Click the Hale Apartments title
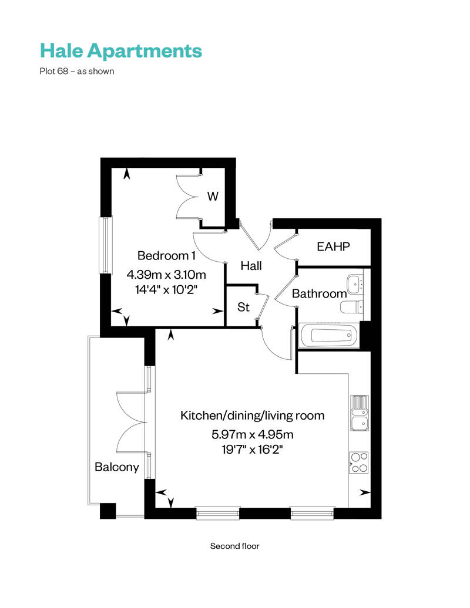120,51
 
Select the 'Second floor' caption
235,546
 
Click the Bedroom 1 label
166,256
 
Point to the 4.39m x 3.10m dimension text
167,274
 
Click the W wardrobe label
213,197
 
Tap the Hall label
251,266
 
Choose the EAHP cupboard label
333,246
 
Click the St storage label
243,307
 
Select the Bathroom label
319,293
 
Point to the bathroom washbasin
355,283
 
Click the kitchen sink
359,413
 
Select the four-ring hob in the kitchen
359,462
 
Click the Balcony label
117,467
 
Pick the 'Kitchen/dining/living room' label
252,416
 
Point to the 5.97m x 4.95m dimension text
252,435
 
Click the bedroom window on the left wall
105,245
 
